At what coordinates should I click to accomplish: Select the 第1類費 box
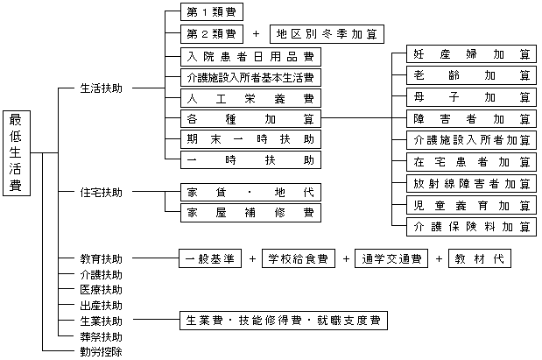pyautogui.click(x=211, y=13)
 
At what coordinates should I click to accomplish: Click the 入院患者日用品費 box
pyautogui.click(x=250, y=56)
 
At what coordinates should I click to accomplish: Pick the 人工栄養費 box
pyautogui.click(x=250, y=97)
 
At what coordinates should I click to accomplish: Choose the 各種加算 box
pyautogui.click(x=250, y=118)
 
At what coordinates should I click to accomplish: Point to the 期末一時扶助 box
pyautogui.click(x=250, y=139)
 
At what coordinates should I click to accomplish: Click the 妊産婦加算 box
pyautogui.click(x=472, y=55)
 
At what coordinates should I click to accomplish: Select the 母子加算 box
pyautogui.click(x=472, y=97)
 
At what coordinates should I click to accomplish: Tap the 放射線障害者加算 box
pyautogui.click(x=472, y=183)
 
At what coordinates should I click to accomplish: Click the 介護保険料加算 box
pyautogui.click(x=472, y=226)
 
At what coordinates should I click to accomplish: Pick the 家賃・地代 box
pyautogui.click(x=250, y=192)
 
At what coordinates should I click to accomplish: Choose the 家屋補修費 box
pyautogui.click(x=250, y=213)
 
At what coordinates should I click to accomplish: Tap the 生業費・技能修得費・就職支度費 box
pyautogui.click(x=283, y=321)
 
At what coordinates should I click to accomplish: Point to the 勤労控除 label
pyautogui.click(x=102, y=352)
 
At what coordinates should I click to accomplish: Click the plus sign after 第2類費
pyautogui.click(x=256, y=35)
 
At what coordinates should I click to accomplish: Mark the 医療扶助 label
pyautogui.click(x=102, y=290)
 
